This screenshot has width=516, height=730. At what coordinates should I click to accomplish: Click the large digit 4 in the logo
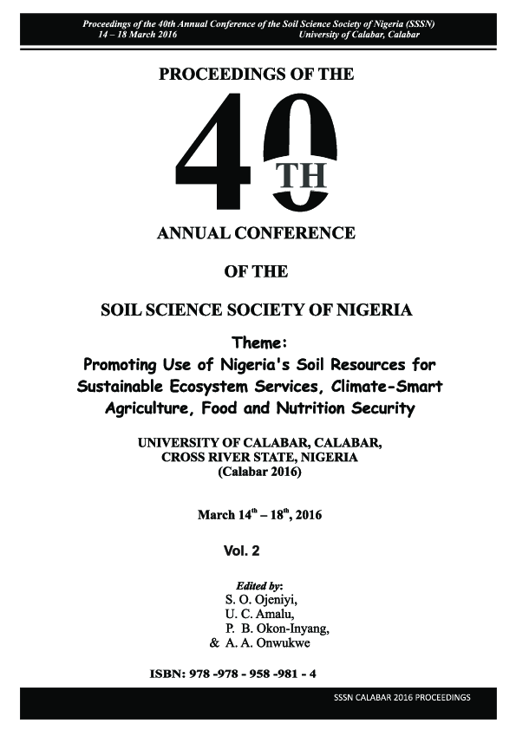219,153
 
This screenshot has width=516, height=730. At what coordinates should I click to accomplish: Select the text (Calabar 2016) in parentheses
258,474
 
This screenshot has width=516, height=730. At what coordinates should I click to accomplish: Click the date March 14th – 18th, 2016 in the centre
258,515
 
